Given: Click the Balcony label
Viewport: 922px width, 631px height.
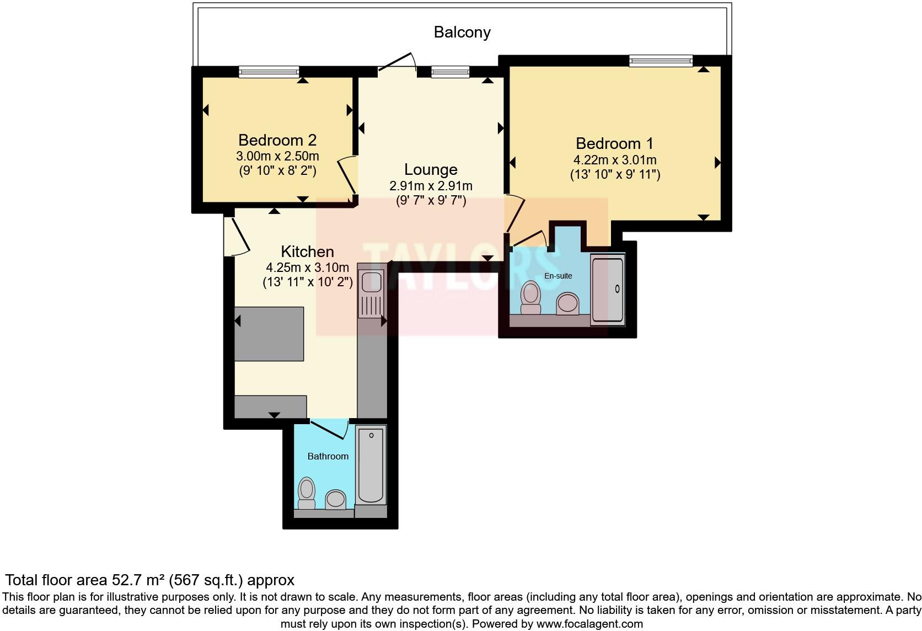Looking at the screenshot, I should click(462, 32).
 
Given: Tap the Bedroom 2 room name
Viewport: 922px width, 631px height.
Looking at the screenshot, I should click(277, 140).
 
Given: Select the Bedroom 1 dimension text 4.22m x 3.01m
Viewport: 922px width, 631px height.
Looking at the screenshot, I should click(614, 160).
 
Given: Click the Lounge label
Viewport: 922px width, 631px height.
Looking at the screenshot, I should click(431, 169).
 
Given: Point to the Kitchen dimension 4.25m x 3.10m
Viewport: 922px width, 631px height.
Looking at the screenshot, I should click(307, 268).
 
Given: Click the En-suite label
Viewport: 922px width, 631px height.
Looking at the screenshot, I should click(558, 276).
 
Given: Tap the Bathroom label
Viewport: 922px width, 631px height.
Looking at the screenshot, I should click(328, 456).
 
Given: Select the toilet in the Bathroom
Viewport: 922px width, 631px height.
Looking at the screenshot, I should click(306, 493).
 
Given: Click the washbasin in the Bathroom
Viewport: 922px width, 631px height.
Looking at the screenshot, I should click(335, 499).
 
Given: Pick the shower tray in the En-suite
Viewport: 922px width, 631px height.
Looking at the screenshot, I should click(607, 289).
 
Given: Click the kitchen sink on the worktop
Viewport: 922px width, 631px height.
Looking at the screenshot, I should click(371, 281).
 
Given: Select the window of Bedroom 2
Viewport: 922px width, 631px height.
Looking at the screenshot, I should click(269, 71).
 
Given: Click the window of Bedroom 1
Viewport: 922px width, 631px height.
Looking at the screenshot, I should click(661, 61).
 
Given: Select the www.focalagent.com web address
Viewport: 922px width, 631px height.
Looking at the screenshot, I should click(589, 624).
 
